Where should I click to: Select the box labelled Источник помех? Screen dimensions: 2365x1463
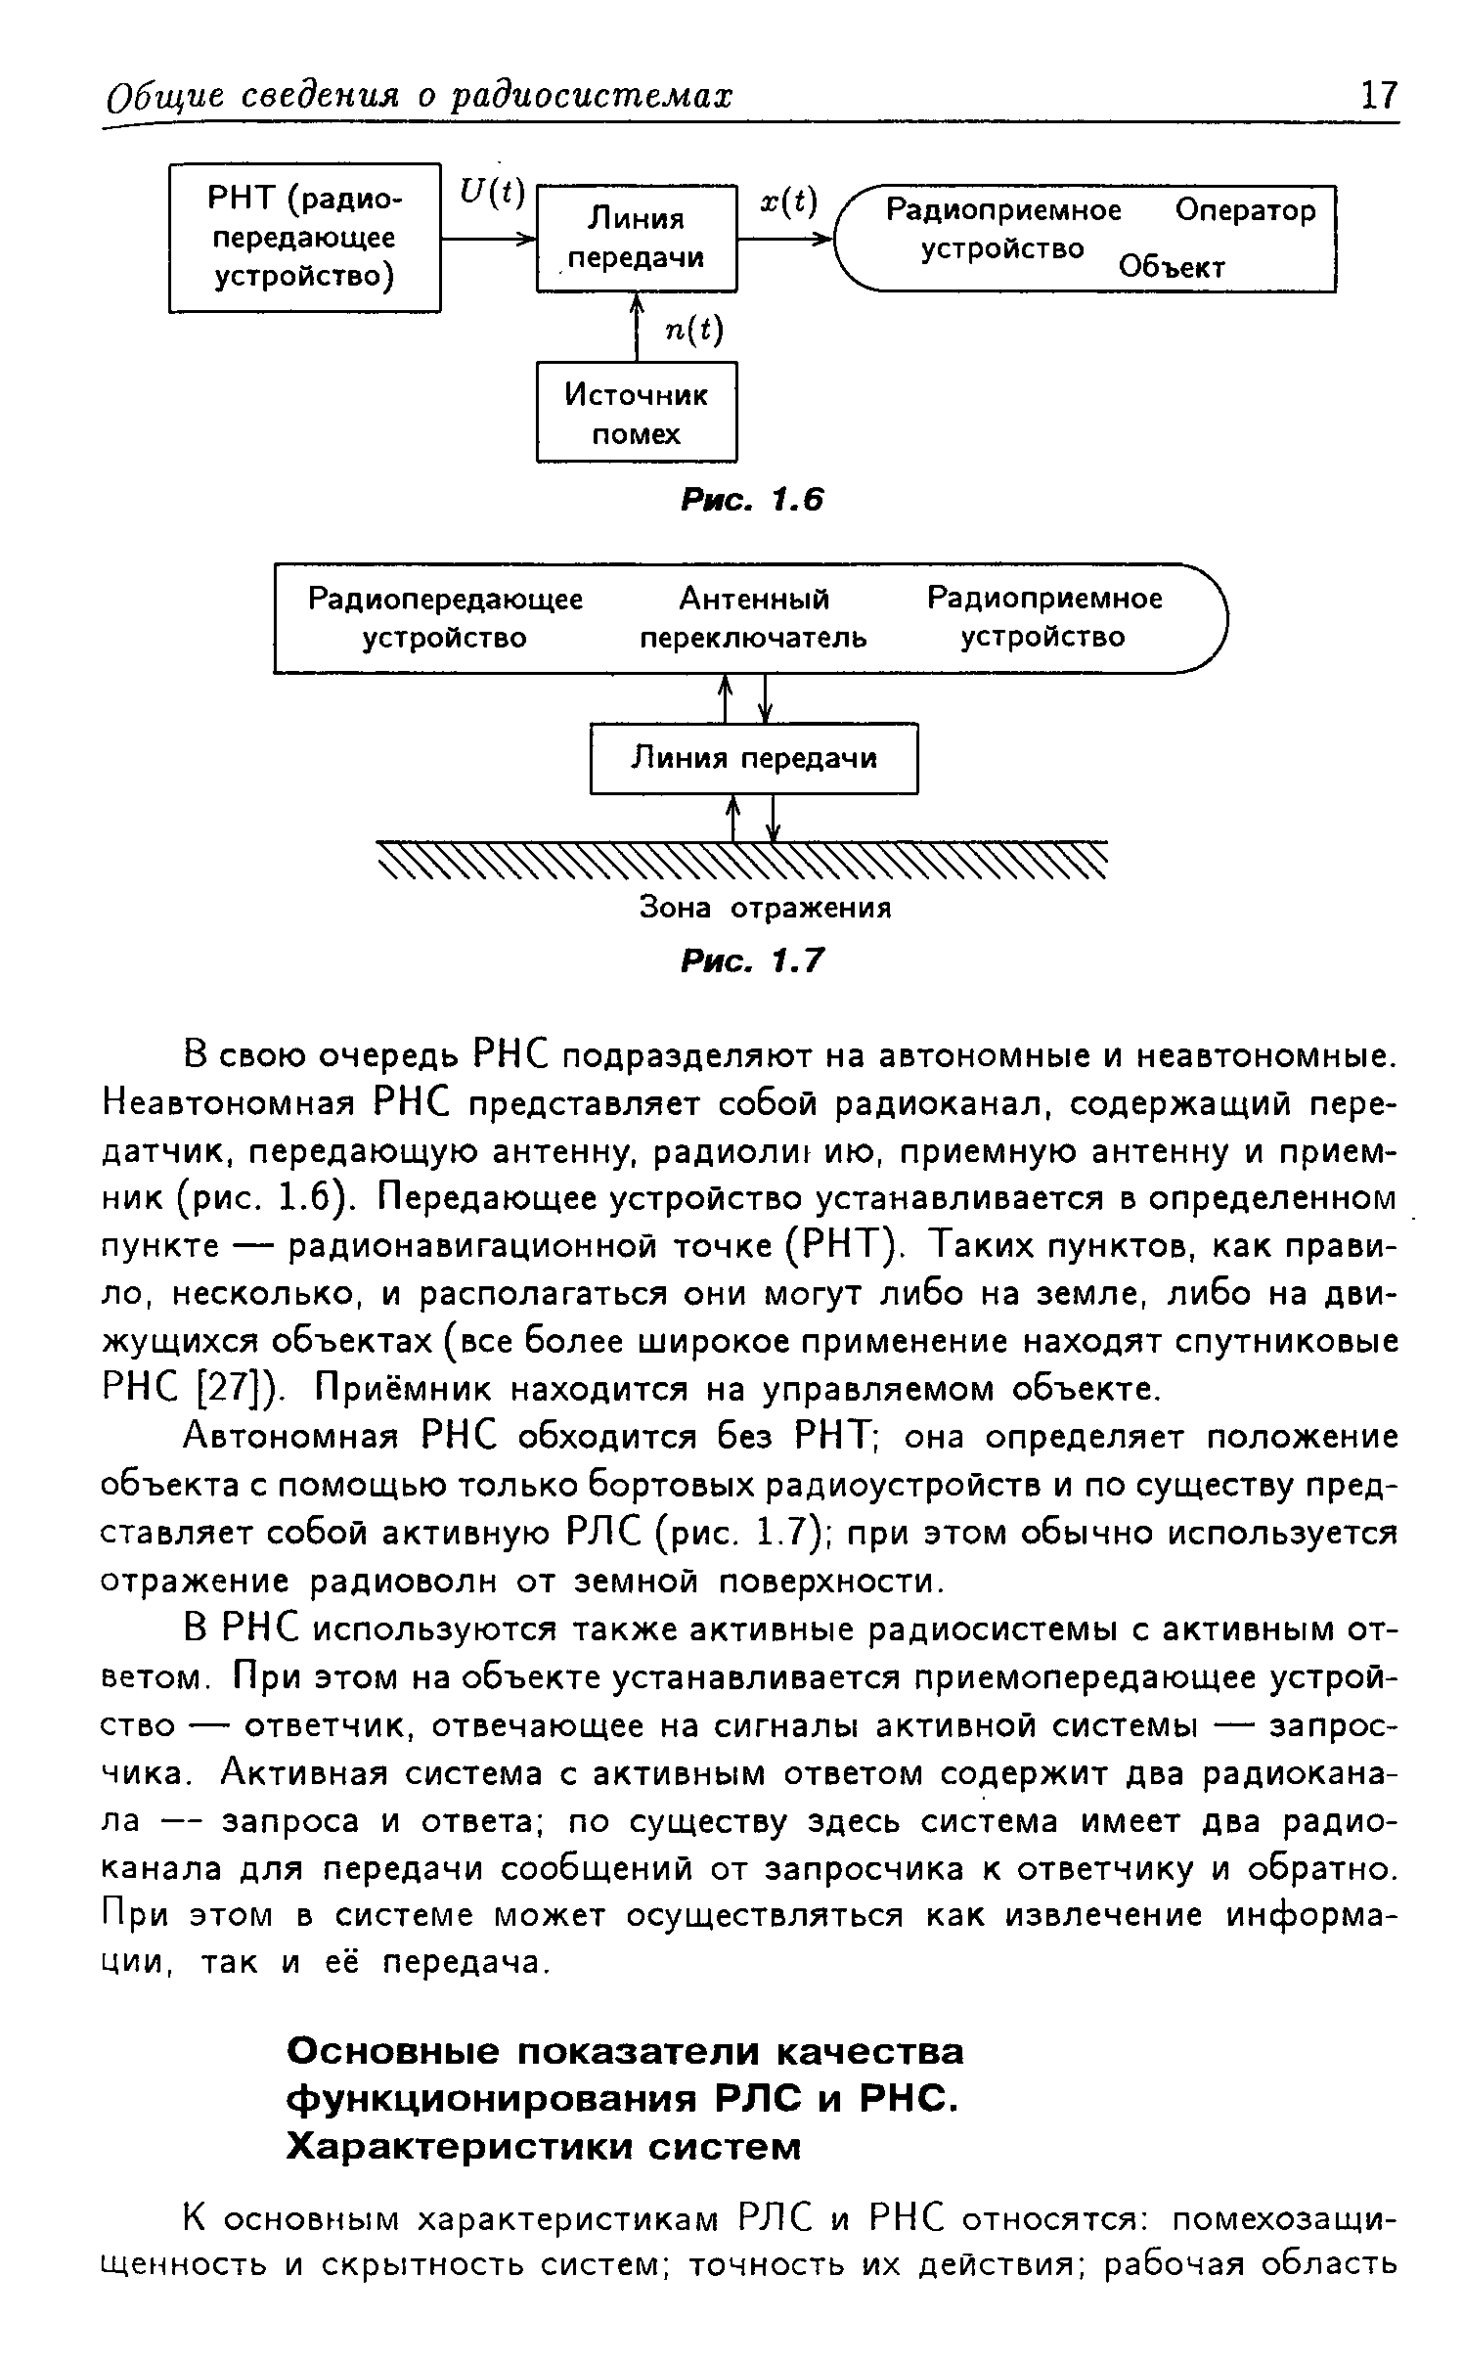pos(637,413)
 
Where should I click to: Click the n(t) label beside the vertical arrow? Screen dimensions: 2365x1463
pos(693,331)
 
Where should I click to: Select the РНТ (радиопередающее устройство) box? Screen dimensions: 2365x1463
pos(304,238)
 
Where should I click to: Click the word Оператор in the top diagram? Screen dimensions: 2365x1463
pos(1245,210)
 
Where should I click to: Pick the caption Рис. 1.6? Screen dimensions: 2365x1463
pos(752,501)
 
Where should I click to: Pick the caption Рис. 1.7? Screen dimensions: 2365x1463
pos(752,962)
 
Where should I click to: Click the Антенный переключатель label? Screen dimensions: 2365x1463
pos(753,618)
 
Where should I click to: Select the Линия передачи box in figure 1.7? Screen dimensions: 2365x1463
pos(754,758)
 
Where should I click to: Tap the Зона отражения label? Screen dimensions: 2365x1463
pos(766,908)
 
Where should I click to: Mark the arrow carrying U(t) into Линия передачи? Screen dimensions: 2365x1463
pos(489,238)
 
